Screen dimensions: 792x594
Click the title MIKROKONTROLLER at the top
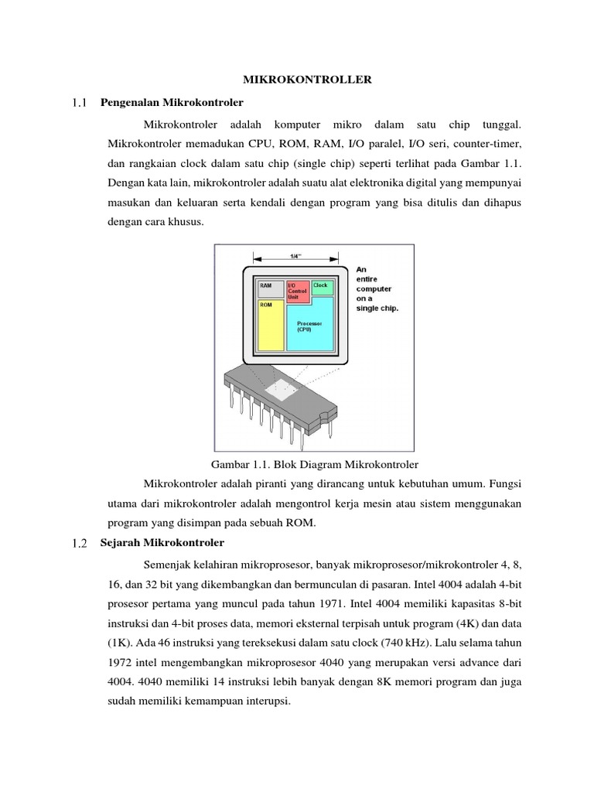pyautogui.click(x=297, y=79)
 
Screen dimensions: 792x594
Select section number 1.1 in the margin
pyautogui.click(x=80, y=102)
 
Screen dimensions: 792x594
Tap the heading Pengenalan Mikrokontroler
pyautogui.click(x=172, y=102)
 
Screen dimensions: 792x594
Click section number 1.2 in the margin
pyautogui.click(x=80, y=542)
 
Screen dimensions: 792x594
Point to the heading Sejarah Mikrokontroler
pyautogui.click(x=162, y=542)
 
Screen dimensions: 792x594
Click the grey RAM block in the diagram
pyautogui.click(x=269, y=288)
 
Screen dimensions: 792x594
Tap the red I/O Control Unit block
pyautogui.click(x=298, y=290)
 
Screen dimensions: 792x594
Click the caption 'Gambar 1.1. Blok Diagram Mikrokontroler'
pyautogui.click(x=314, y=465)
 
